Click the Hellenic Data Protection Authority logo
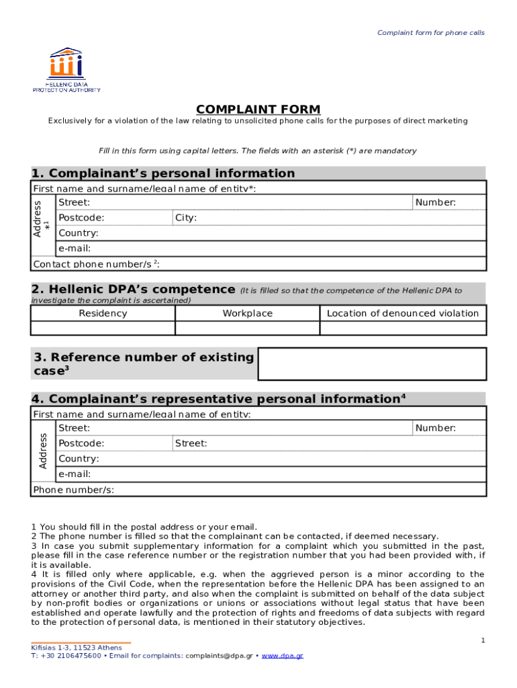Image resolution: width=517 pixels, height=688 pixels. pos(66,69)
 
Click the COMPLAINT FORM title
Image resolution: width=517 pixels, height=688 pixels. pos(258,110)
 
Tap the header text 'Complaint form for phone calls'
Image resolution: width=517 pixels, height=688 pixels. pos(430,33)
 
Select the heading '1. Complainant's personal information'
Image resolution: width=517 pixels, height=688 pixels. pos(163,173)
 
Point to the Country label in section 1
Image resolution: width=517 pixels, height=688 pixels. pos(79,233)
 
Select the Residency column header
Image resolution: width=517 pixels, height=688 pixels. pos(103,313)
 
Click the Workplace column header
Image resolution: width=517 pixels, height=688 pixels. pos(247,313)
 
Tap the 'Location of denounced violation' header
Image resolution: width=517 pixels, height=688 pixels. pos(403,313)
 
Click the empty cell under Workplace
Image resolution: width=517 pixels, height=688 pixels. pos(247,328)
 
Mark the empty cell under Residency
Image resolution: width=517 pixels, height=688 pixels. pos(103,328)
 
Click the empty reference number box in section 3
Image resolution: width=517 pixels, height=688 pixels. pos(372,364)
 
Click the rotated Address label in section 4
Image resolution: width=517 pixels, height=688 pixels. pos(43,451)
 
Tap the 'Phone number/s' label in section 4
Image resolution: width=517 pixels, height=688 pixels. pos(73,490)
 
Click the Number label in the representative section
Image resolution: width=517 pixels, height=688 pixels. pos(435,428)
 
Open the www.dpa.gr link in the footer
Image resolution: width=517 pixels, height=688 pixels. pos(282,655)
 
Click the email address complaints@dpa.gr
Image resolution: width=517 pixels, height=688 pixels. pos(219,655)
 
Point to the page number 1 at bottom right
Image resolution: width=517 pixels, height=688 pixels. pos(482,641)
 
